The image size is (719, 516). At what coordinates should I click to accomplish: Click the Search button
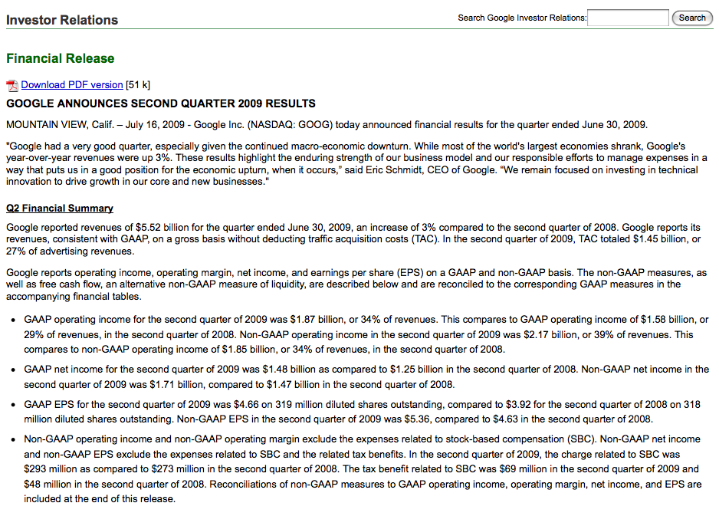pyautogui.click(x=692, y=18)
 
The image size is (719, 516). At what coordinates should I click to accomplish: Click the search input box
pyautogui.click(x=628, y=18)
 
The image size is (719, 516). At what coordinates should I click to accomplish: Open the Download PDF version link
pyautogui.click(x=72, y=85)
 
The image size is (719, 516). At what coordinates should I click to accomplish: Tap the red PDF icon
pyautogui.click(x=12, y=86)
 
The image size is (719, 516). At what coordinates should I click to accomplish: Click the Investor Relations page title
pyautogui.click(x=62, y=20)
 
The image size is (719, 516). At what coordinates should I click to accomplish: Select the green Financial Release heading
pyautogui.click(x=60, y=58)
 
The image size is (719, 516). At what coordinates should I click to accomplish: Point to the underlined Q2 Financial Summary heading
pyautogui.click(x=60, y=208)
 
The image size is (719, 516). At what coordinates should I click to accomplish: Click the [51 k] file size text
pyautogui.click(x=138, y=85)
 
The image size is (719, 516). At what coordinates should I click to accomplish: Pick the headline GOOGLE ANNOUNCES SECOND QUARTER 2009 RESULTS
pyautogui.click(x=161, y=104)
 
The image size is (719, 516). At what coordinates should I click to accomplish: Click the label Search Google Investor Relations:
pyautogui.click(x=522, y=18)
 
